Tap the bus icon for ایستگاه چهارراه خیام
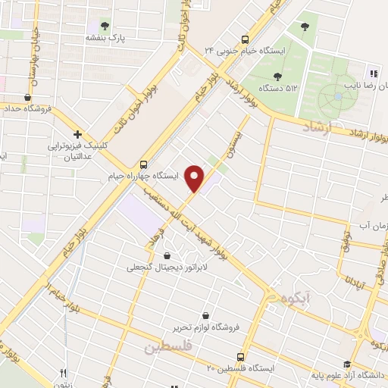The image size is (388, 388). [144, 164]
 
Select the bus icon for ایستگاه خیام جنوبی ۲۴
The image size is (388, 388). [245, 39]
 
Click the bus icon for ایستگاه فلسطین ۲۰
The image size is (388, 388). [240, 356]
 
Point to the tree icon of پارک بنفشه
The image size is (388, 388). [105, 26]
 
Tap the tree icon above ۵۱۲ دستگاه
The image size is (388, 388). [277, 76]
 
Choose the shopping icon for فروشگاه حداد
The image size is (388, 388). [28, 97]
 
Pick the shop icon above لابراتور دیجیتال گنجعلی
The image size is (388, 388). [167, 255]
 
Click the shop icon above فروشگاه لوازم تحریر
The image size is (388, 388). [205, 315]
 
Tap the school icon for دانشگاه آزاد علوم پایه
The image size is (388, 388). [347, 364]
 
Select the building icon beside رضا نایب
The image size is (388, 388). [373, 74]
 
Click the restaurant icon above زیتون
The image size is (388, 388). [64, 372]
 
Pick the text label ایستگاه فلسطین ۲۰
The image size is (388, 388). [242, 368]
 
